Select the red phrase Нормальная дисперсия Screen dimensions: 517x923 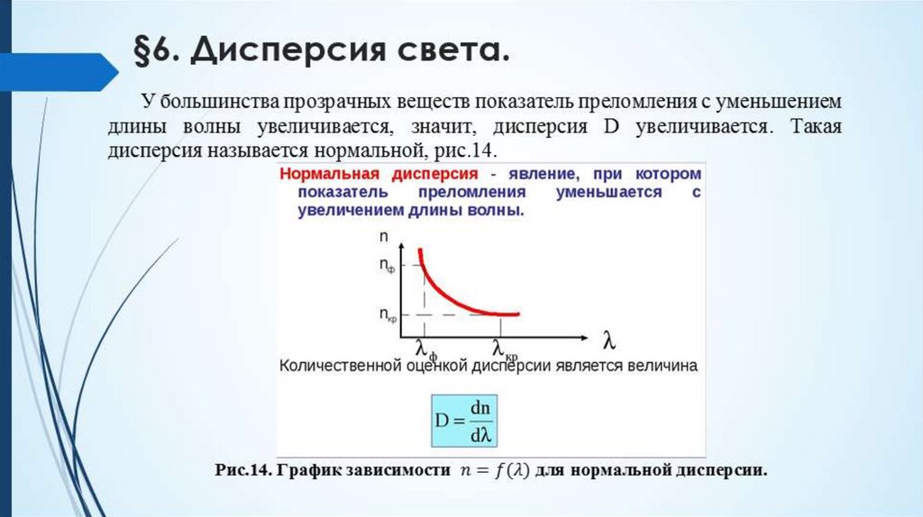(x=379, y=173)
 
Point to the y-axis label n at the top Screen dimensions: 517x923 (x=384, y=237)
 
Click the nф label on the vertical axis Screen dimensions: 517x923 (x=387, y=266)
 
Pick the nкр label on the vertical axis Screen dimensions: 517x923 (x=387, y=314)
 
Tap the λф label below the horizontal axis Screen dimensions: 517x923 (x=425, y=347)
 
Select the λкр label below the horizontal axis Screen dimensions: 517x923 (x=505, y=348)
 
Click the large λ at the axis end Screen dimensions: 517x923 (x=609, y=341)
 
